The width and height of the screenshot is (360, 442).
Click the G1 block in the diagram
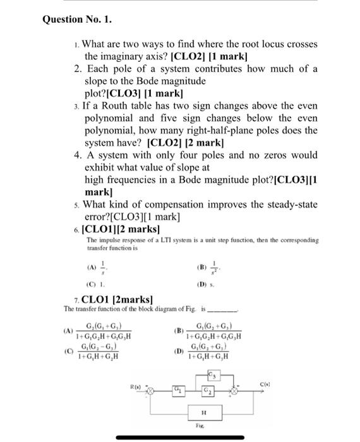coord(180,391)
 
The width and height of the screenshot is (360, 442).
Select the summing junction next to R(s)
coord(152,391)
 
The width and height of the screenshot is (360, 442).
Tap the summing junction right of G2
coord(234,391)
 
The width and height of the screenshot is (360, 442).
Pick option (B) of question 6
coord(209,266)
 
